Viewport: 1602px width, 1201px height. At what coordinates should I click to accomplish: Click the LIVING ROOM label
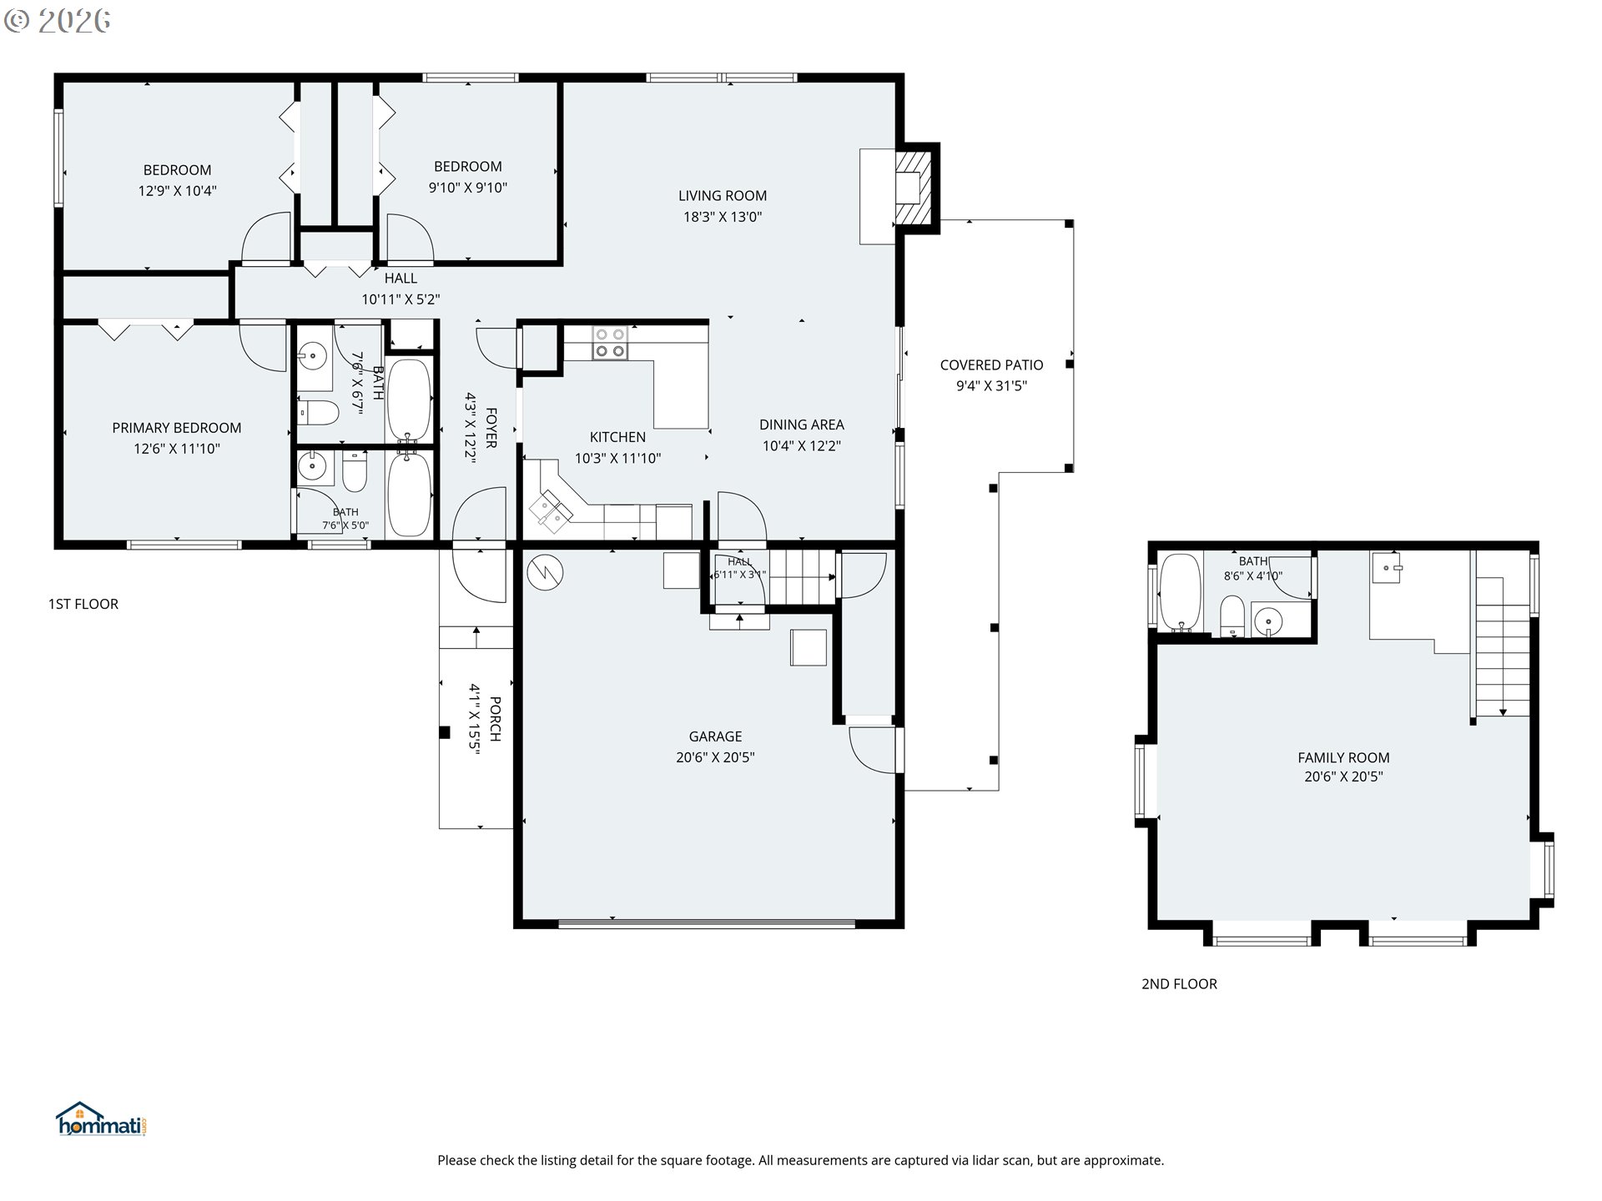click(x=723, y=196)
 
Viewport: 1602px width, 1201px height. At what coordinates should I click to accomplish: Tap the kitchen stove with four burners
click(x=610, y=343)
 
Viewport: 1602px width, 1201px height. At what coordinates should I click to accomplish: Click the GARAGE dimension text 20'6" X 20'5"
click(x=715, y=757)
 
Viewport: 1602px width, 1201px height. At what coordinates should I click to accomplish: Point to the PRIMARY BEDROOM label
click(x=177, y=428)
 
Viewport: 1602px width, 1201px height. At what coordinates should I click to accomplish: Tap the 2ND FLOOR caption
click(x=1179, y=984)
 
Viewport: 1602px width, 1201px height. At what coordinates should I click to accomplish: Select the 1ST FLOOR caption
click(x=83, y=604)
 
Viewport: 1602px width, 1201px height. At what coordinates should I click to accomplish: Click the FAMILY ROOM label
click(x=1343, y=758)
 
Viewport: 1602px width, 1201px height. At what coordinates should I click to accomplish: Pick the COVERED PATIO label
click(x=991, y=365)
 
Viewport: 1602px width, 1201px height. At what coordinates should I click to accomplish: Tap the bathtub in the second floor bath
click(x=1180, y=591)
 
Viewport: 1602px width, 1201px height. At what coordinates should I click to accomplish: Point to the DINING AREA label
click(x=802, y=425)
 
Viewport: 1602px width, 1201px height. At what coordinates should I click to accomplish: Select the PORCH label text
click(x=496, y=719)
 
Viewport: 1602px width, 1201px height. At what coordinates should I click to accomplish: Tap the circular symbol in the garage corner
click(x=546, y=571)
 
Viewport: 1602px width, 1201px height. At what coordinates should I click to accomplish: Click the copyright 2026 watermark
click(x=57, y=21)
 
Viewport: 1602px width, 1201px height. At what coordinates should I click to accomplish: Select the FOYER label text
click(x=491, y=428)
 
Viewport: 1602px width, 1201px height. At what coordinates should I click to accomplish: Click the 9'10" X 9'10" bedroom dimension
click(x=468, y=188)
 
